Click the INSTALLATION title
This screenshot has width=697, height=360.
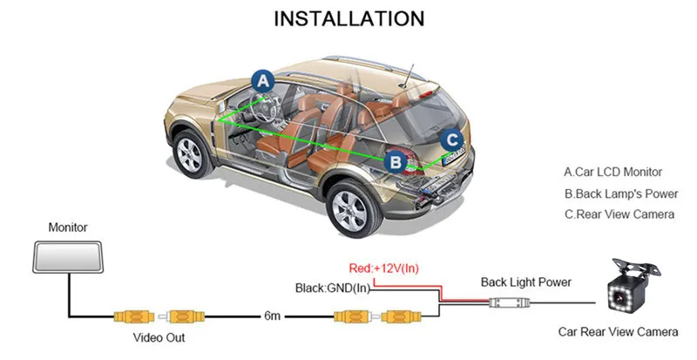point(349,18)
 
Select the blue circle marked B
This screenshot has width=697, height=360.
point(396,160)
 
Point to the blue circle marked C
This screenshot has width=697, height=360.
point(450,139)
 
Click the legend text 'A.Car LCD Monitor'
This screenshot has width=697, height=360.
point(613,173)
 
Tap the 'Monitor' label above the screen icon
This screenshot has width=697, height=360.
point(68,228)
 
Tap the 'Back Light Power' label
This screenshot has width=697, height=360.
point(526,282)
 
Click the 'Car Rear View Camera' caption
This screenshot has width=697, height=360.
point(618,332)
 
